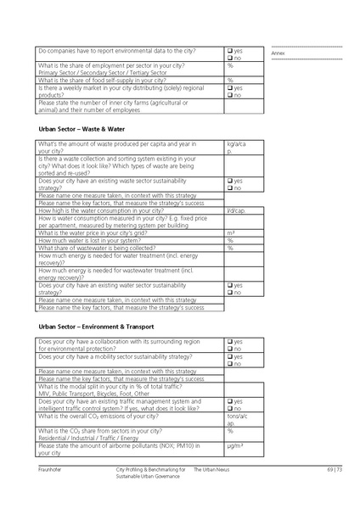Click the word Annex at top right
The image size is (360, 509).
[278, 53]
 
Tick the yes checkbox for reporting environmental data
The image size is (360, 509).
[229, 51]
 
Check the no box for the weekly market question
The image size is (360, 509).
[229, 95]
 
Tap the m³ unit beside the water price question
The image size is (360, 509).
[231, 232]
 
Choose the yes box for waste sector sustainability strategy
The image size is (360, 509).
[229, 181]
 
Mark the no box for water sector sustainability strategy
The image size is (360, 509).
[229, 293]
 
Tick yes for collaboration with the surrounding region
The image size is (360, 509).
[229, 341]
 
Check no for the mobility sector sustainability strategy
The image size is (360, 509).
[229, 364]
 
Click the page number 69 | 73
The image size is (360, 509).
[334, 469]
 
